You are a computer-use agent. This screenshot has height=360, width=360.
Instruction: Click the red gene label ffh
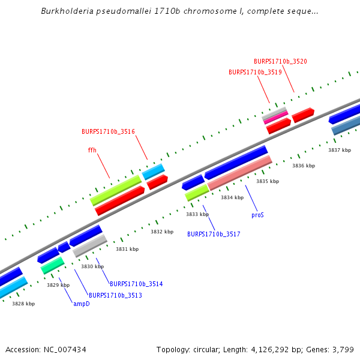[x=92, y=151]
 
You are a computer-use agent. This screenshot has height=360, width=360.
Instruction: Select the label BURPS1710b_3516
[x=108, y=131]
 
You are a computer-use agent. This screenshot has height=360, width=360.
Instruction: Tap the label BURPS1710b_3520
[x=280, y=61]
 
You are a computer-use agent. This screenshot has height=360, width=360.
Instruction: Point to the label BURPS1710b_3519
[x=255, y=72]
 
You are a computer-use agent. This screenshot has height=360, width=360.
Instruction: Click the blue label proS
[x=257, y=214]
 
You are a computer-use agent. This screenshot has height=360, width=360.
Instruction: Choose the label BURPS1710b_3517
[x=214, y=234]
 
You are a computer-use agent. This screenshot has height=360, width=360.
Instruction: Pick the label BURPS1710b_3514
[x=136, y=284]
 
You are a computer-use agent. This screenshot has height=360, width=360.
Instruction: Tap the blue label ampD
[x=82, y=304]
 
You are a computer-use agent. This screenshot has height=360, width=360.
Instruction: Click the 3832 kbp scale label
[x=162, y=232]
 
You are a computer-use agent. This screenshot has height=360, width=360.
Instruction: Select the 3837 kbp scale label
[x=340, y=150]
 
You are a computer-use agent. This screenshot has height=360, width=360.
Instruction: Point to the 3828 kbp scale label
[x=23, y=304]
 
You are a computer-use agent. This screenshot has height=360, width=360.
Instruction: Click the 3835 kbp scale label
[x=268, y=181]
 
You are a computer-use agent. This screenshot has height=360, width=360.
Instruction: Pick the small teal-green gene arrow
[x=53, y=265]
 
